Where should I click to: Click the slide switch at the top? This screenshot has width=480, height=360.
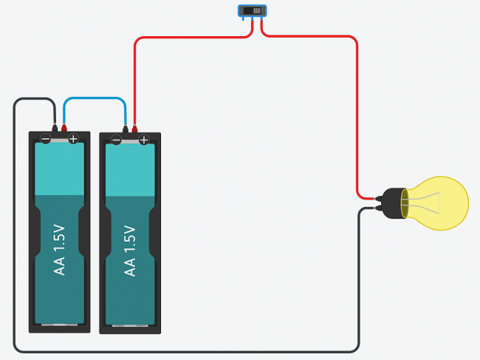[252, 11]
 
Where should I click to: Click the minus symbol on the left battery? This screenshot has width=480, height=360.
[46, 138]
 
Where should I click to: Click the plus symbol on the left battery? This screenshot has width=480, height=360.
[73, 138]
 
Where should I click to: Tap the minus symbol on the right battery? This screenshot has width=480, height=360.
[117, 140]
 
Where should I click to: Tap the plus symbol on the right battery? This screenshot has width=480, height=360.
[144, 140]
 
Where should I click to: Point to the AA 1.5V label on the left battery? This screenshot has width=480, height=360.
[60, 250]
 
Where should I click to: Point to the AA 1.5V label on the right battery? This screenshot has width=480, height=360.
[131, 250]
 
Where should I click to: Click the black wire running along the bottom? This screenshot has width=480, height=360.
[185, 350]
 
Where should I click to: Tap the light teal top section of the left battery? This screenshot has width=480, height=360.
[60, 168]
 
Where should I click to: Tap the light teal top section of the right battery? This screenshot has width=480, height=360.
[131, 169]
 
